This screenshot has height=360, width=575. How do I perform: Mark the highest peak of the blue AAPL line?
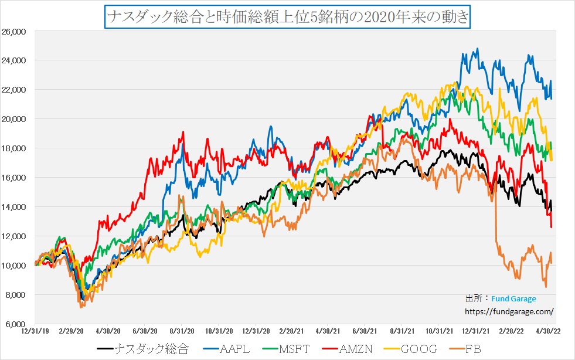478,49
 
